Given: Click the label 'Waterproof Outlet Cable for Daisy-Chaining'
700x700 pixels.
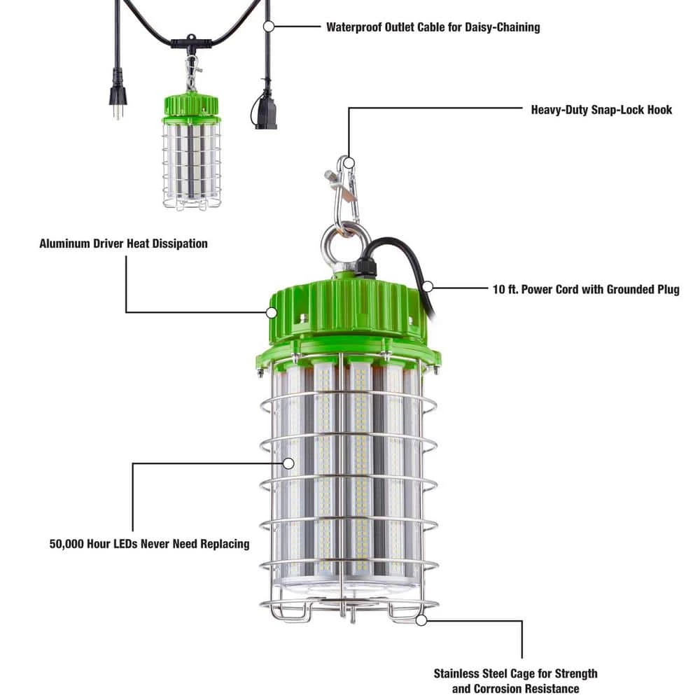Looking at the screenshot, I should point(433,27).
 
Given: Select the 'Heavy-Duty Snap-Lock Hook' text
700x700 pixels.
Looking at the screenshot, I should point(601,109).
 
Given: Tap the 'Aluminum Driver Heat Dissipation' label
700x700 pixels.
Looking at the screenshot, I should point(123,244).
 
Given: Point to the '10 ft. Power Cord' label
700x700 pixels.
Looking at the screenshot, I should point(585,289).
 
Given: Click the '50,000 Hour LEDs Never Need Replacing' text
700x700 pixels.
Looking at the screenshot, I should point(149,543).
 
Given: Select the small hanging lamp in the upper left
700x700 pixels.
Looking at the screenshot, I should point(191,154).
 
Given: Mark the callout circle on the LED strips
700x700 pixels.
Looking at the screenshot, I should point(288,463).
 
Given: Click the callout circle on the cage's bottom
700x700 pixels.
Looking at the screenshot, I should point(421,619).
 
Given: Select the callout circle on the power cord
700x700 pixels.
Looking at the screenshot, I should point(428,286).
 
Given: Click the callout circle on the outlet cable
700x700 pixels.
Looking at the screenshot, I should point(267,27).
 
